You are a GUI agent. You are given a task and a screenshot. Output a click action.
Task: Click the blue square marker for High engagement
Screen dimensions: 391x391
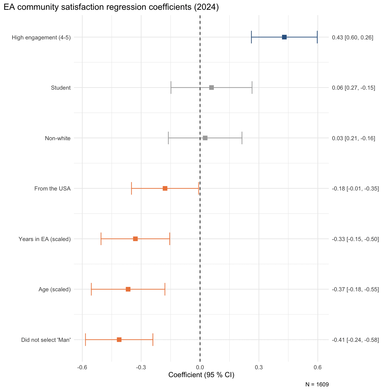(x=284, y=37)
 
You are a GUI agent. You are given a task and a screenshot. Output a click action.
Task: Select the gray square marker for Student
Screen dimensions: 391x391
(x=211, y=87)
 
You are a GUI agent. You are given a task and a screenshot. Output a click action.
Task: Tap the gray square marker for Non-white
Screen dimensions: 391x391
(x=205, y=138)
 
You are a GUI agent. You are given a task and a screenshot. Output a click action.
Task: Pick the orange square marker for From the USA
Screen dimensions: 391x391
(x=165, y=188)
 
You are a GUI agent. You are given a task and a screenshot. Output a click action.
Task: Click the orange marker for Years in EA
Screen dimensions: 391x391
(x=135, y=239)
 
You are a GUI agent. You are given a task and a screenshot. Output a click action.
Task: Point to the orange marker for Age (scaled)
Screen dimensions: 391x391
(x=128, y=289)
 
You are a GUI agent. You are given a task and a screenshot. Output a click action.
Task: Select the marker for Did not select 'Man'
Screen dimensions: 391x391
(x=119, y=340)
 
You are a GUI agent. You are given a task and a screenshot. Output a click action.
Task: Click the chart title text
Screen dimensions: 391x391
(x=111, y=7)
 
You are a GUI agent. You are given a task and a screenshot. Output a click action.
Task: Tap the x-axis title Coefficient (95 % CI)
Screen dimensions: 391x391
(x=201, y=375)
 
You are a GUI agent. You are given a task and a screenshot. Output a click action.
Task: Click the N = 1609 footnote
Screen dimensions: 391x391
(x=317, y=384)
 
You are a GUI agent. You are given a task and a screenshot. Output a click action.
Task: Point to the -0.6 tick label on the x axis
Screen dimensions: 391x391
(x=82, y=368)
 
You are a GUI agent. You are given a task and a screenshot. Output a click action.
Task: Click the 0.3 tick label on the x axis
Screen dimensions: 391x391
(x=259, y=368)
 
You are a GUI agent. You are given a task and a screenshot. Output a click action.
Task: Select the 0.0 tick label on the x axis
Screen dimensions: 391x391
(x=200, y=368)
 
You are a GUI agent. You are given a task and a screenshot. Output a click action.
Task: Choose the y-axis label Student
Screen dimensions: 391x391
(x=61, y=88)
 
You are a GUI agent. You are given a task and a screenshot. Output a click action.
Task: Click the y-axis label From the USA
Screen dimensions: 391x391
(x=52, y=189)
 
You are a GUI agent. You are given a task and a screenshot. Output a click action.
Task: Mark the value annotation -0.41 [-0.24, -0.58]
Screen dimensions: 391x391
(x=355, y=340)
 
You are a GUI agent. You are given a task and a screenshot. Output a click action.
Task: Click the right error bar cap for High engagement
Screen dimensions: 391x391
(x=317, y=37)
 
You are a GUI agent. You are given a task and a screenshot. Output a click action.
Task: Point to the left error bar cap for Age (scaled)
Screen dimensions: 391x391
(x=91, y=289)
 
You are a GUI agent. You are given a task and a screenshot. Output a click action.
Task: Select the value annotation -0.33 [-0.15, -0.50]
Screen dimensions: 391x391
(x=355, y=239)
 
